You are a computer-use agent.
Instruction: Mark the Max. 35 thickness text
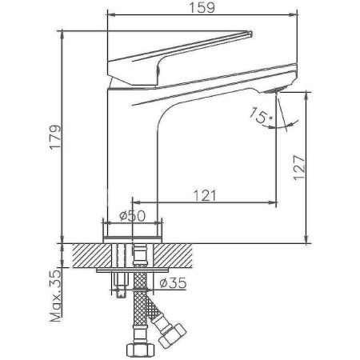click(54, 295)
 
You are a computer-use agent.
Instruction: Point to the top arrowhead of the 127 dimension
click(308, 94)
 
